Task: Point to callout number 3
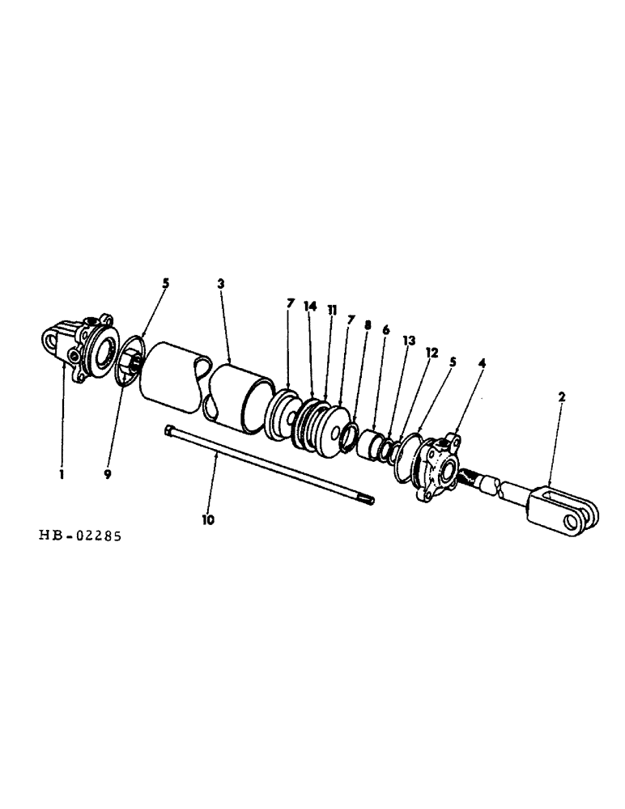coord(221,284)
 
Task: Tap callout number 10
coord(208,520)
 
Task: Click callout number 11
coord(332,310)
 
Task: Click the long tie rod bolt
coord(267,465)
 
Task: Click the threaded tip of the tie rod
coord(368,500)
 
